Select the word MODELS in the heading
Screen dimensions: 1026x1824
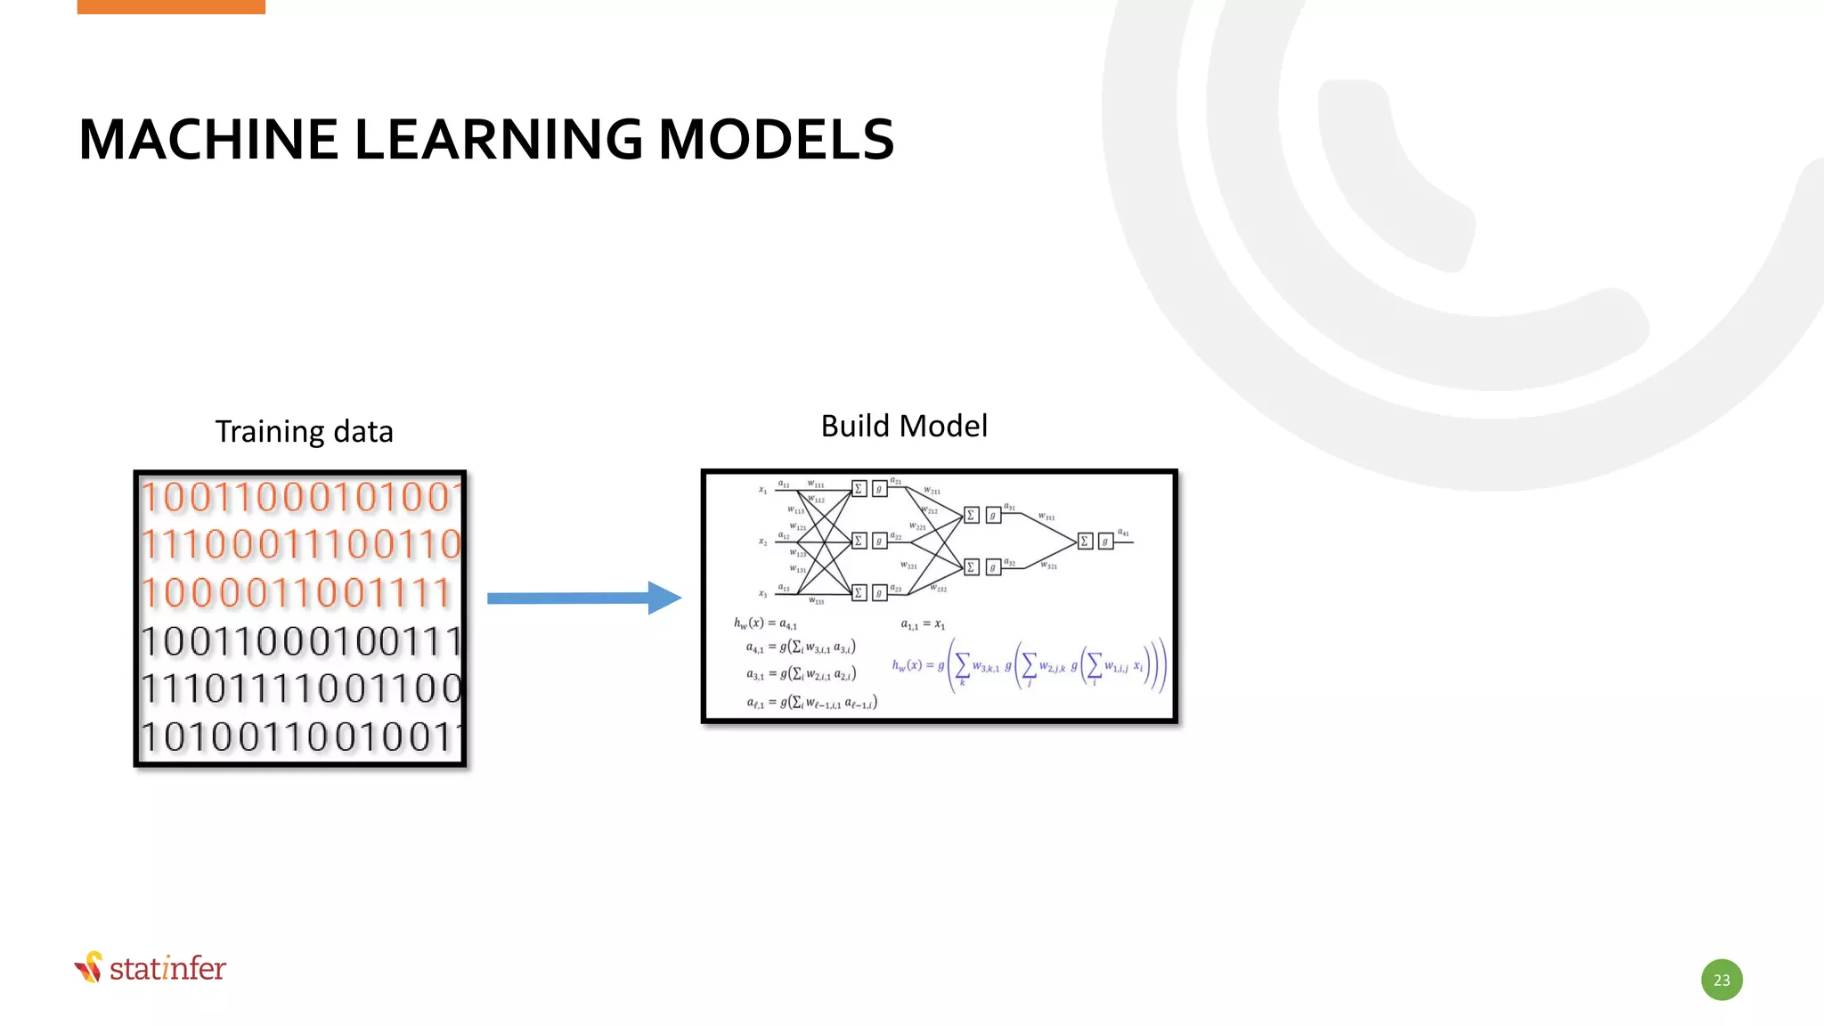[x=776, y=140]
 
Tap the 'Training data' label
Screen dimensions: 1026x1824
[x=304, y=432]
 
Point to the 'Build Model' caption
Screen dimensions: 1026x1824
[x=904, y=427]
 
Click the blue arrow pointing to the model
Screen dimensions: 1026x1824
[x=583, y=598]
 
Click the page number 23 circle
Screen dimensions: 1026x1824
[x=1722, y=980]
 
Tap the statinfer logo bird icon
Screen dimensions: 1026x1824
[x=89, y=967]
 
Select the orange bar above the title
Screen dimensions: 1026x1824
[x=171, y=6]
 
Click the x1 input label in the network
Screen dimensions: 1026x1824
[x=762, y=490]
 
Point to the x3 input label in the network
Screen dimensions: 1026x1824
[x=762, y=593]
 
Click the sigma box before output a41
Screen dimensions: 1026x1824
[x=1085, y=541]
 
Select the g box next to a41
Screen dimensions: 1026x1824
[x=1105, y=541]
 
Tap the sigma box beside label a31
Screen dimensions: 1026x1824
[x=972, y=515]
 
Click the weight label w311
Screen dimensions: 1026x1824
[x=1046, y=517]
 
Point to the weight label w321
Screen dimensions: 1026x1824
[x=1049, y=566]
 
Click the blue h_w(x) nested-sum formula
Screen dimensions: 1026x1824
[x=1029, y=665]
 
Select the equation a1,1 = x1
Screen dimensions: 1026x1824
[x=923, y=624]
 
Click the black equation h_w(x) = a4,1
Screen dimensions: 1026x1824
[x=765, y=623]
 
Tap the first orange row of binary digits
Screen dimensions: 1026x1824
[x=301, y=497]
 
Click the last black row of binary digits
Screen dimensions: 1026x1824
[x=301, y=737]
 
